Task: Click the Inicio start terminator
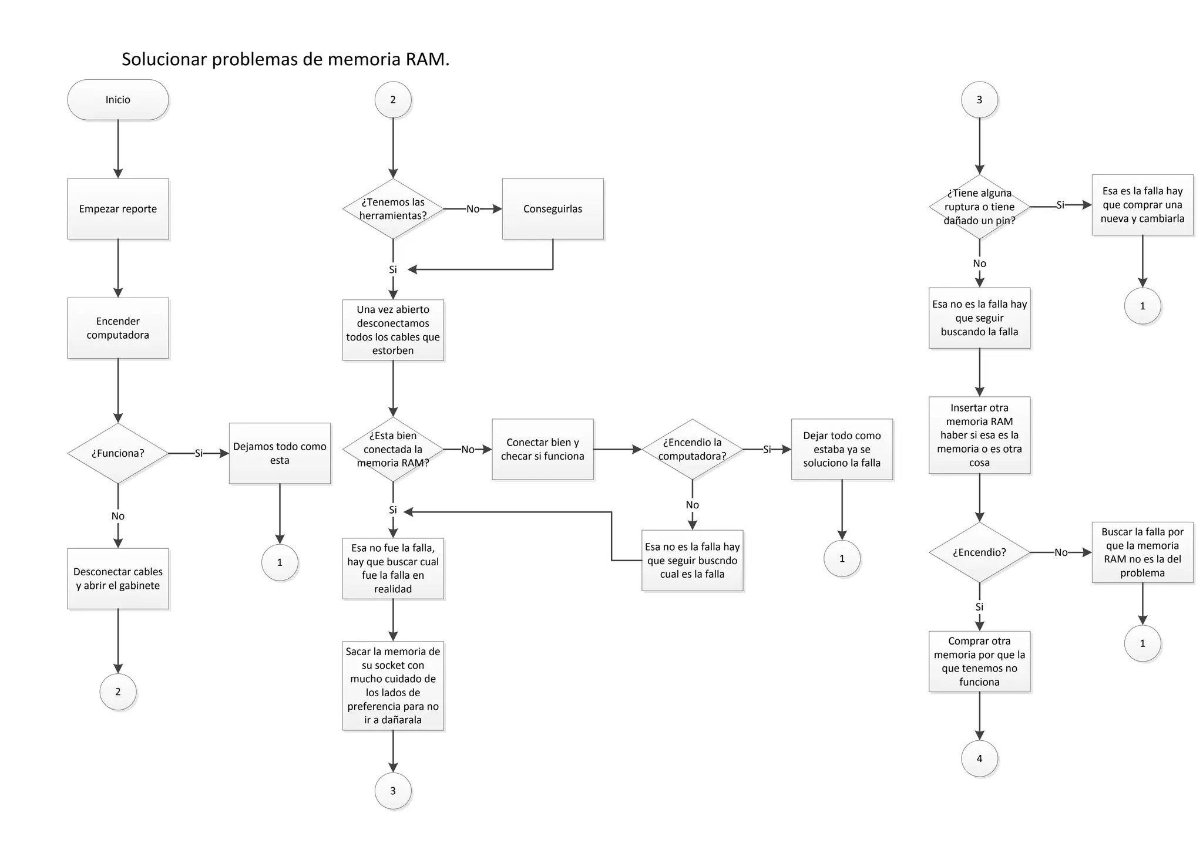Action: pos(117,100)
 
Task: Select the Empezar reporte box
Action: pos(117,209)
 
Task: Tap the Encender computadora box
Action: pos(117,328)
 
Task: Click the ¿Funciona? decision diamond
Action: pos(117,453)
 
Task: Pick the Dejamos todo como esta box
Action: pos(280,453)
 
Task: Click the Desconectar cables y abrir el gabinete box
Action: pos(117,578)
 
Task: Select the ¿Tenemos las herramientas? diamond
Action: pos(393,209)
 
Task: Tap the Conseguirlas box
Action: pos(553,209)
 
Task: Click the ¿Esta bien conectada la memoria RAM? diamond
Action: pos(393,449)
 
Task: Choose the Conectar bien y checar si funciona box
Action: pos(543,449)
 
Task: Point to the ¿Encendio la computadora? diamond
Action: pos(692,449)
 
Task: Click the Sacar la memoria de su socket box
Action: pos(393,686)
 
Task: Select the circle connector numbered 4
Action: pos(979,758)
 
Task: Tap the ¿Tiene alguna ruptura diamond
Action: pos(979,207)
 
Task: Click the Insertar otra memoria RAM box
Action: pos(979,435)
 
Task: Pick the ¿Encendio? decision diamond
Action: pos(979,552)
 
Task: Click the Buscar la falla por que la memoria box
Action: pos(1142,552)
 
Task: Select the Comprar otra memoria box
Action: pos(979,662)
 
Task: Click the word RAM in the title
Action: pos(427,59)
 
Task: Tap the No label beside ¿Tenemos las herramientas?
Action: pos(473,209)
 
